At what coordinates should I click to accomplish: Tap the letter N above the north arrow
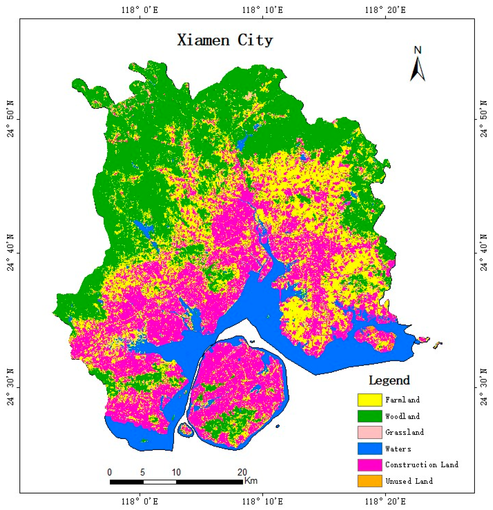tap(418, 50)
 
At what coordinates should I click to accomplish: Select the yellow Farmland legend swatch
tap(370, 400)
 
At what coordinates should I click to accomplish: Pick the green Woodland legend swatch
tap(370, 416)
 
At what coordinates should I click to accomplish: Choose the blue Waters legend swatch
tap(370, 449)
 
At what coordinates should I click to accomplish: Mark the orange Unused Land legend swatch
tap(370, 481)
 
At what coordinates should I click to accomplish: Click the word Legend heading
tap(389, 381)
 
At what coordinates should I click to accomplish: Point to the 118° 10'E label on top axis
tap(263, 10)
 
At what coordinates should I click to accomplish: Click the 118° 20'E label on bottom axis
tap(385, 501)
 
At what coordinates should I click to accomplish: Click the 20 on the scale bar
tap(242, 472)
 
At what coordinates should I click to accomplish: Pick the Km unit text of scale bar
tap(251, 481)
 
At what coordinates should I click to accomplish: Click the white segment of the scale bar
tap(160, 482)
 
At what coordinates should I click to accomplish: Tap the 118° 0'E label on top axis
tap(140, 10)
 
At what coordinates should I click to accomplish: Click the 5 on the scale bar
tap(142, 472)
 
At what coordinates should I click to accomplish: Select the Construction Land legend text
tap(422, 465)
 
